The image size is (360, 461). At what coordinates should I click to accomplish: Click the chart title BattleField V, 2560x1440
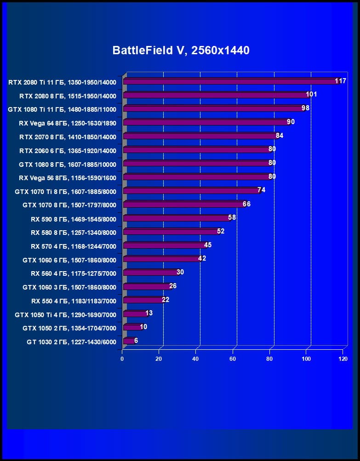(181, 51)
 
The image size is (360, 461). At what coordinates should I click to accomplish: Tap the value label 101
(311, 94)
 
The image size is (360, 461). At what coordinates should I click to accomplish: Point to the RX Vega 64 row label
(67, 123)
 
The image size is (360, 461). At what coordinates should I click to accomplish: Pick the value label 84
(279, 136)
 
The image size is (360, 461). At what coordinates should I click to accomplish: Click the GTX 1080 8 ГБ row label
(67, 165)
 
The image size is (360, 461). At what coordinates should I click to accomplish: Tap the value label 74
(261, 190)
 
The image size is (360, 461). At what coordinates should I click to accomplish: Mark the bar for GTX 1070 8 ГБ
(183, 205)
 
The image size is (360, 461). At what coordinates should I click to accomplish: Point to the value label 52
(221, 231)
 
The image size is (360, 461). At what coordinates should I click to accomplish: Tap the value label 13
(149, 313)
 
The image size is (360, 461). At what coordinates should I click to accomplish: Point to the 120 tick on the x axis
(343, 359)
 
